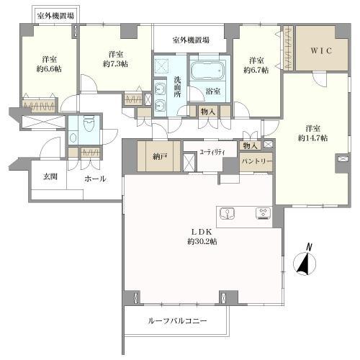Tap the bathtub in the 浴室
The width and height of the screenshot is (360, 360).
click(208, 73)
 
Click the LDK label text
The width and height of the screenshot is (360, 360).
click(201, 231)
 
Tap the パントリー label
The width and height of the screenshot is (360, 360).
click(257, 162)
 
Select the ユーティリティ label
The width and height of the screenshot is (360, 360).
click(213, 151)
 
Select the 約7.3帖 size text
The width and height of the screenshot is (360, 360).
click(115, 64)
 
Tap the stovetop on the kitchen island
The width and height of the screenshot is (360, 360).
click(262, 213)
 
